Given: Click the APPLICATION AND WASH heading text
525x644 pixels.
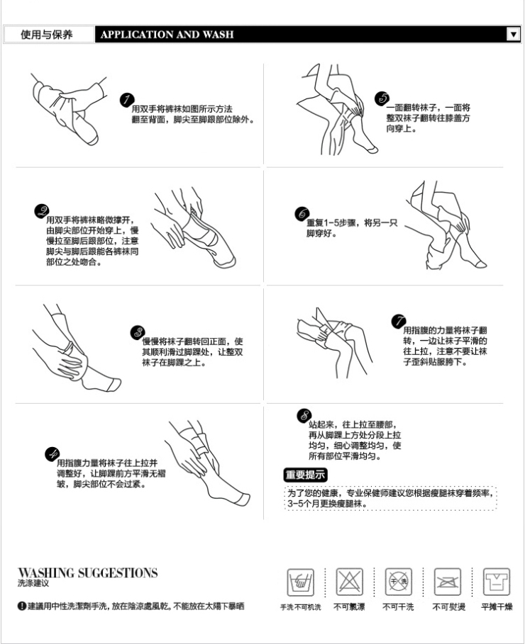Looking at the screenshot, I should pyautogui.click(x=167, y=34).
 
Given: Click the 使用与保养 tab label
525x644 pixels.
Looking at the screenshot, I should pyautogui.click(x=47, y=34).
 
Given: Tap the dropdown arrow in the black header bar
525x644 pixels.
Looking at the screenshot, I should pyautogui.click(x=514, y=34).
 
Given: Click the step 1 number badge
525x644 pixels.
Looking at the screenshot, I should pyautogui.click(x=126, y=100).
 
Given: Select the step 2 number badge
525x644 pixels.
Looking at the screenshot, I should pyautogui.click(x=42, y=210).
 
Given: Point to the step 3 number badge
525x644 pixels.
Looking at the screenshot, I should pyautogui.click(x=137, y=332).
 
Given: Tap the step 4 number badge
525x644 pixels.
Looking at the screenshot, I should pyautogui.click(x=51, y=453).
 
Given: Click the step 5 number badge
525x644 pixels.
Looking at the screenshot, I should pyautogui.click(x=381, y=98).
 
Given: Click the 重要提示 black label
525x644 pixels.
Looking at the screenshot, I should pyautogui.click(x=305, y=475).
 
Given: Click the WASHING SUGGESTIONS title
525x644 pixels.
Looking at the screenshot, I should pyautogui.click(x=88, y=572).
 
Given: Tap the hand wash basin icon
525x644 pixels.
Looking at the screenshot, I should pyautogui.click(x=299, y=582).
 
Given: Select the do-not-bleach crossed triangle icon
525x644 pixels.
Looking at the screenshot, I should pyautogui.click(x=348, y=582).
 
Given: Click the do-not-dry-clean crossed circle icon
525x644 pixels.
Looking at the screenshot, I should pyautogui.click(x=398, y=582).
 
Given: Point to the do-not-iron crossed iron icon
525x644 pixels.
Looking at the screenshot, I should pyautogui.click(x=448, y=582).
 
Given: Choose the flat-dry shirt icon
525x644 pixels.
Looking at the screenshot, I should pyautogui.click(x=497, y=582).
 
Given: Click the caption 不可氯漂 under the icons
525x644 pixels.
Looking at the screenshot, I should pyautogui.click(x=348, y=607).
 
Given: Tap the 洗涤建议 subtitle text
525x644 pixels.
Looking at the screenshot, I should pyautogui.click(x=33, y=583).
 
